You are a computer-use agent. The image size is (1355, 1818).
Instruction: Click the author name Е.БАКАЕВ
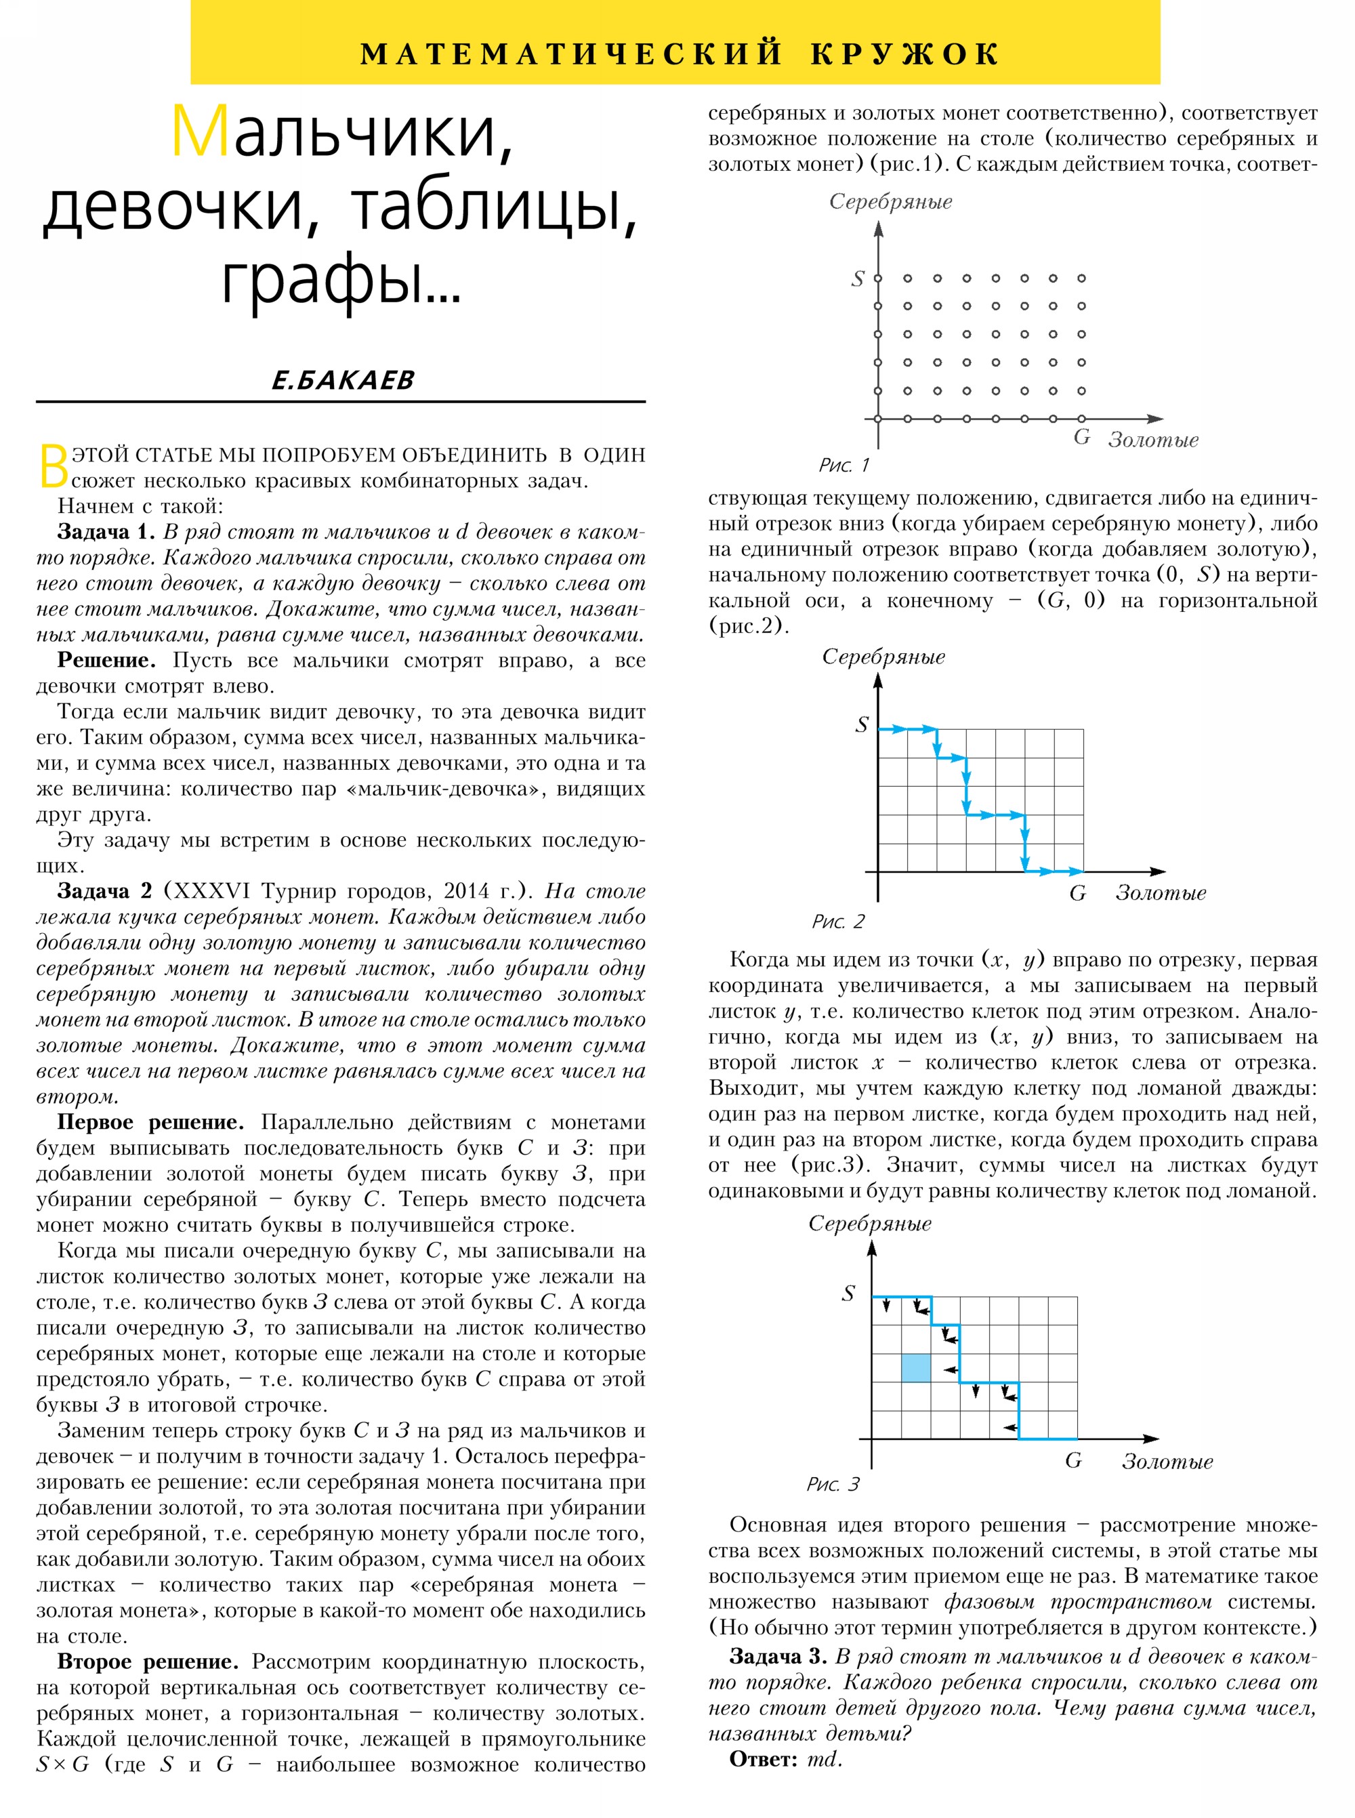coord(343,380)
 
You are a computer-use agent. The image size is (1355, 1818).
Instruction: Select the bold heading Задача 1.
coord(106,532)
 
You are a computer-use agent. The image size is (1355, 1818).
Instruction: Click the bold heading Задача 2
coord(105,891)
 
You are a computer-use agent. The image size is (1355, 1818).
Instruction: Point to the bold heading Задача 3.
coord(778,1656)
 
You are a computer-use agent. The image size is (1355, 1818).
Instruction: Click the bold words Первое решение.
coord(150,1122)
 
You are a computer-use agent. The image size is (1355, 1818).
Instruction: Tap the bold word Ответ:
coord(763,1759)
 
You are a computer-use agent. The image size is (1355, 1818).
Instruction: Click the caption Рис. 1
coord(843,465)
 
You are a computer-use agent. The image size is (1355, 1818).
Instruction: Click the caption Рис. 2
coord(837,922)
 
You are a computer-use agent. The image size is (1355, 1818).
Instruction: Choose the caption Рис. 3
coord(833,1484)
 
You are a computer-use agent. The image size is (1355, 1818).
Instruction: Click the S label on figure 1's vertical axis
coord(858,279)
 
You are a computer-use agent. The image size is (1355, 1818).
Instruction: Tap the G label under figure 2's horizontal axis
coord(1077,893)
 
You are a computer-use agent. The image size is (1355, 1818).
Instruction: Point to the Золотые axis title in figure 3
coord(1167,1462)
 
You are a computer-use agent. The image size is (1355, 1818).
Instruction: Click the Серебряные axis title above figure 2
coord(883,657)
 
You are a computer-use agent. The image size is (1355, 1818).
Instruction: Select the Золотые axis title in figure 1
coord(1152,440)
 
